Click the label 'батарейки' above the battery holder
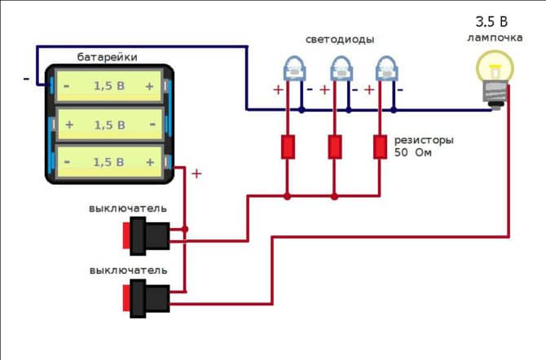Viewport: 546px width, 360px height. coord(108,57)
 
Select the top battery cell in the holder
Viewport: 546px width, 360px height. coord(109,86)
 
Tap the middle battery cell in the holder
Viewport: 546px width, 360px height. coord(109,125)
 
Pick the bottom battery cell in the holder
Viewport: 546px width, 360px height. coord(109,162)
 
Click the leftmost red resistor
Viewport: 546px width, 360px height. coord(288,147)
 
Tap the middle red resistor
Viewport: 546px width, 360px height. coord(334,147)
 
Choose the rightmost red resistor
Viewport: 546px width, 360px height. coord(380,147)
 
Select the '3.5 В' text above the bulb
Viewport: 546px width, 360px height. coord(491,21)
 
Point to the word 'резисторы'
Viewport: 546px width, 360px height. coord(424,140)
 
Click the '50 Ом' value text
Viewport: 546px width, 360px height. coord(413,153)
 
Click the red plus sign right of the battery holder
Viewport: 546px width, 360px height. coord(196,173)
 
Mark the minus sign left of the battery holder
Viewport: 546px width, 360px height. coord(26,79)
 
